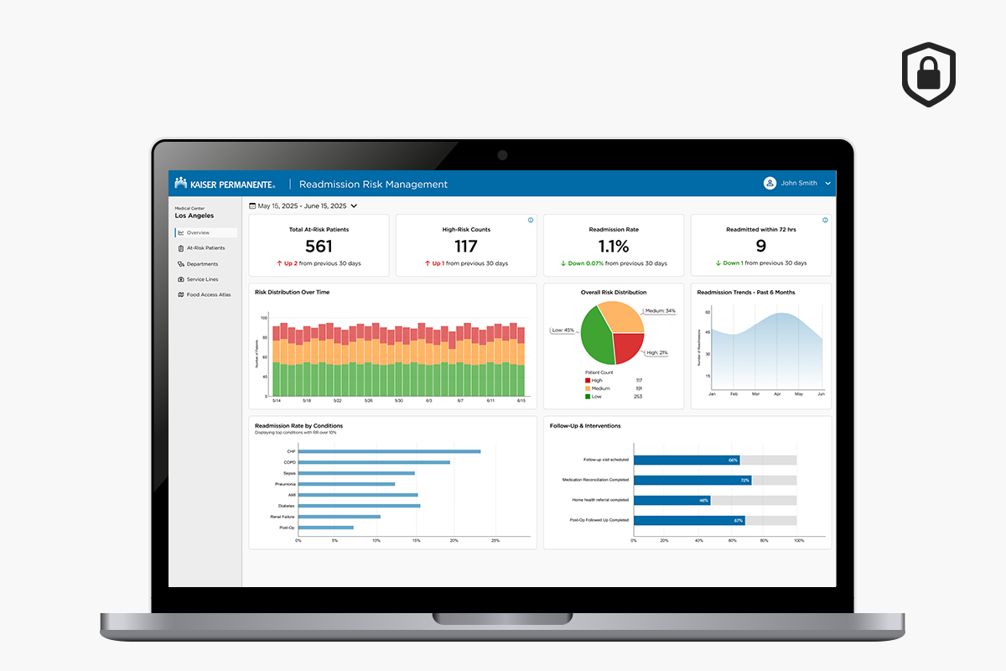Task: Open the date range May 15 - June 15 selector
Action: (x=303, y=205)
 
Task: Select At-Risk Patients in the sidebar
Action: (x=205, y=248)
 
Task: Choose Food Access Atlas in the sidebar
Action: (x=209, y=295)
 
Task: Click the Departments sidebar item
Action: (x=202, y=264)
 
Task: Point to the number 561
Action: (x=319, y=246)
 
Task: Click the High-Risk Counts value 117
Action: (x=466, y=246)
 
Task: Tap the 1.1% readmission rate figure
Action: (x=614, y=246)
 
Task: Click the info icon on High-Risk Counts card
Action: (x=531, y=221)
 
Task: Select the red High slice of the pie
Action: (x=627, y=346)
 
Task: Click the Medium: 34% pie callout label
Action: (x=659, y=311)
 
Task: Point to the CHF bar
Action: (x=389, y=451)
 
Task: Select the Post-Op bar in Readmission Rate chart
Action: (x=325, y=528)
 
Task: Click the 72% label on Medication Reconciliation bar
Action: (x=744, y=481)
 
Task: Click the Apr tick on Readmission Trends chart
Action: (x=777, y=394)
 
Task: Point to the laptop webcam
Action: (x=502, y=155)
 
